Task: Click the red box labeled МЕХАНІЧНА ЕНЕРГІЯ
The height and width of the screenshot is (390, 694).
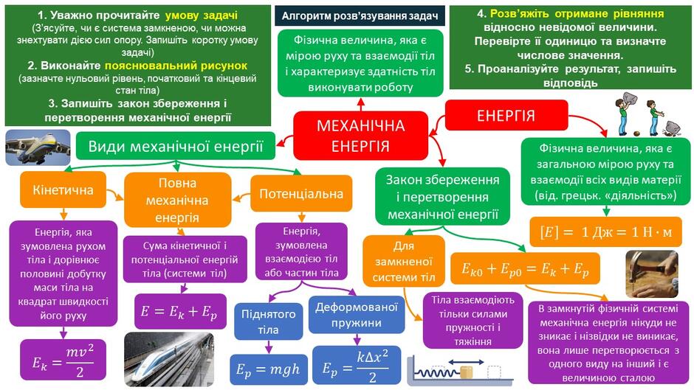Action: [361, 136]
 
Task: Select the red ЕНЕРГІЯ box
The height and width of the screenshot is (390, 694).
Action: [506, 116]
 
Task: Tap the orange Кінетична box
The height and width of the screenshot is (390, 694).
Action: [63, 189]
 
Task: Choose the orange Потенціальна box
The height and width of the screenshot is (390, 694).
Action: [301, 194]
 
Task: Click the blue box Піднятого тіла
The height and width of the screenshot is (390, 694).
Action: [268, 321]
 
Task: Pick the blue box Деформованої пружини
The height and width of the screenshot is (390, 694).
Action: [357, 315]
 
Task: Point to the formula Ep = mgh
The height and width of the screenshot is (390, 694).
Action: [268, 369]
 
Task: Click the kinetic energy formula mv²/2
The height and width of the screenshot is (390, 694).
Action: [63, 360]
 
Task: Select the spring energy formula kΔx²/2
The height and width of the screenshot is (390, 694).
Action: [357, 365]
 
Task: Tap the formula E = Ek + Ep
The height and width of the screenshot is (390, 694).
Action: [179, 311]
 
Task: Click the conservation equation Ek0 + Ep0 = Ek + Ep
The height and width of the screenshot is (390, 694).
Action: [526, 268]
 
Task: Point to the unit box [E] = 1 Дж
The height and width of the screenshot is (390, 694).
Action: [606, 231]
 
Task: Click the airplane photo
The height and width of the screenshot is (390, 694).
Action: [38, 147]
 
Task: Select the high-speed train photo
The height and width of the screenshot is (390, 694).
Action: [169, 359]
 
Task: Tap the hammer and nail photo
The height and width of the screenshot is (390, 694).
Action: [651, 274]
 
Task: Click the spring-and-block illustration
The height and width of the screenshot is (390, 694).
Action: [460, 371]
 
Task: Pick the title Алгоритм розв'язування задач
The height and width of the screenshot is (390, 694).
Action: [360, 16]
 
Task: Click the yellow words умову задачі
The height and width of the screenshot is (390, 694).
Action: [202, 15]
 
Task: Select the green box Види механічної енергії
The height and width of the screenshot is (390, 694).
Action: [175, 146]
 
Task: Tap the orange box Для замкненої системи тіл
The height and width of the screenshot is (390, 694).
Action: [404, 261]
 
